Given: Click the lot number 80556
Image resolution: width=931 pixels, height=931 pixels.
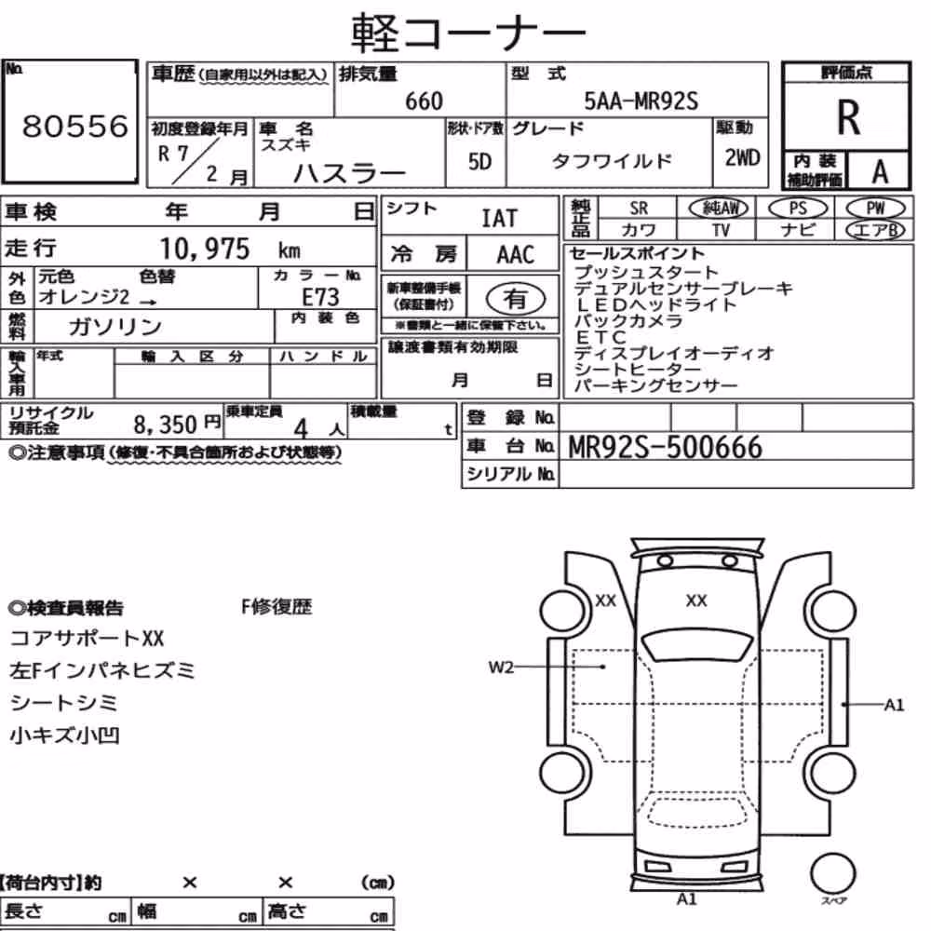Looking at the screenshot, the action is tap(74, 126).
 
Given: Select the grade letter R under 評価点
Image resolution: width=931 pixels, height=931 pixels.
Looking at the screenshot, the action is tap(848, 117).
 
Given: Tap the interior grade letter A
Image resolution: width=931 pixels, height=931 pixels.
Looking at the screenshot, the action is tap(880, 171).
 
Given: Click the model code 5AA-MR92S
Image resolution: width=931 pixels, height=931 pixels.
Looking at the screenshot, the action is tap(641, 101).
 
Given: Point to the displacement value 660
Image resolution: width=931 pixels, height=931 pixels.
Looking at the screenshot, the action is tap(424, 101).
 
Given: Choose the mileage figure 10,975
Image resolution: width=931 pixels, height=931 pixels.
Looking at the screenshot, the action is tap(205, 249).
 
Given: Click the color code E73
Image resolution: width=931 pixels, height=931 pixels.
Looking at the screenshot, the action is tap(320, 297).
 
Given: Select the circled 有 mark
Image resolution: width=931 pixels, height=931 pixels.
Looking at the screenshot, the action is tap(516, 299).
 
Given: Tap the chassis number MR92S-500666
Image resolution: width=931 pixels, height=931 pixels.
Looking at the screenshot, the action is tap(665, 447).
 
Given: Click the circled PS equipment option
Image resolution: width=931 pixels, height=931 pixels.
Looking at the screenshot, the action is tap(798, 208).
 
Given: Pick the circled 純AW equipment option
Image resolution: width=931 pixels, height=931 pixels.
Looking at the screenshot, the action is tap(719, 208).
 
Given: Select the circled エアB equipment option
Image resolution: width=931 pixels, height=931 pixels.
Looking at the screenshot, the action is tap(875, 230).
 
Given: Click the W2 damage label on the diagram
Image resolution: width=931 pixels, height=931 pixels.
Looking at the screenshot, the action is tap(501, 668).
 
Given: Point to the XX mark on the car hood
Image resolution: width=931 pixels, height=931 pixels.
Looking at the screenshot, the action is tap(696, 600).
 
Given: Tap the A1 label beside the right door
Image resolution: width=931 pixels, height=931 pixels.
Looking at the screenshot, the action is tap(894, 705).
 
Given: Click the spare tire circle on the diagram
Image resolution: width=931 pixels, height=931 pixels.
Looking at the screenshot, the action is tap(833, 874).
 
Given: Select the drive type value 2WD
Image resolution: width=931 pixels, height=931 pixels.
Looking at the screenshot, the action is tap(742, 157).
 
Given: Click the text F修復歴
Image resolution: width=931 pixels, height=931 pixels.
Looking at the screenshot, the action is tap(277, 607).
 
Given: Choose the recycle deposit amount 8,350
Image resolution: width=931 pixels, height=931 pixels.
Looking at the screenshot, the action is tap(165, 424).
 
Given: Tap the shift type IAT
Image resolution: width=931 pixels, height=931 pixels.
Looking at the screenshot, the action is tap(499, 219).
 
